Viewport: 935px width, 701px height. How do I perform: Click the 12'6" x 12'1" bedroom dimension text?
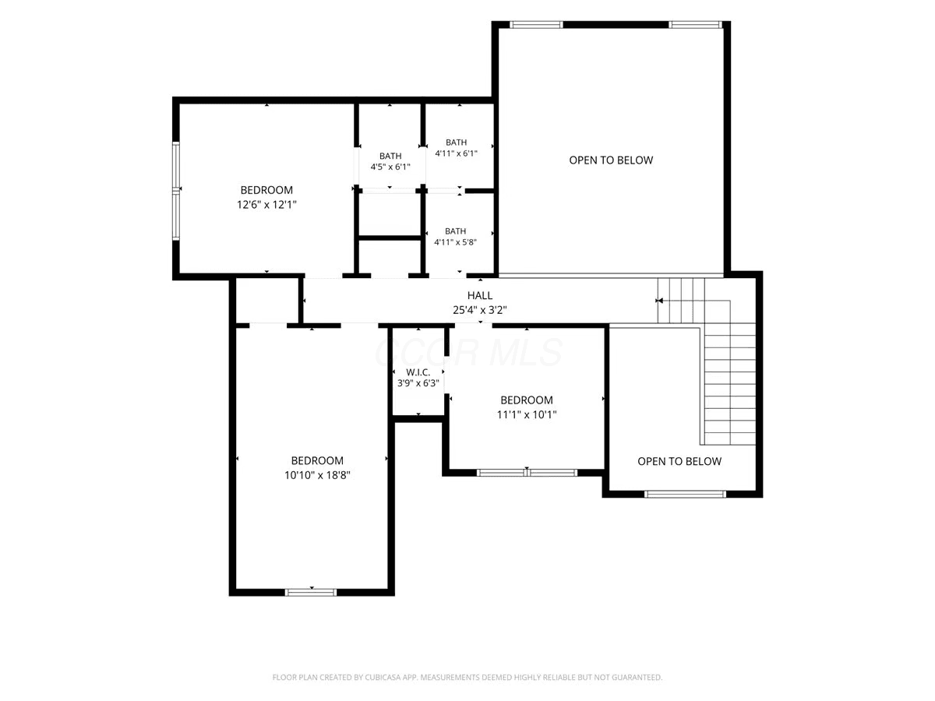tap(266, 205)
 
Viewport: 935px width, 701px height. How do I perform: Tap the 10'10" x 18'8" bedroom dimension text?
tap(317, 475)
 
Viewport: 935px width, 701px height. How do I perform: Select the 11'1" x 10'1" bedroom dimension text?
tap(527, 414)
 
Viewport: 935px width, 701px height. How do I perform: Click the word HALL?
tap(480, 295)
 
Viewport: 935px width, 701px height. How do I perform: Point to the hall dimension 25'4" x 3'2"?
tap(480, 310)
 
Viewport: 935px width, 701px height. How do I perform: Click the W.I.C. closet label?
tap(418, 372)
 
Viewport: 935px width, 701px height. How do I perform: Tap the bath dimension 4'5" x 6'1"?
tap(390, 167)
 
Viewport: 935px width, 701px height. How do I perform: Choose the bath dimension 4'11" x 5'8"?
tap(455, 242)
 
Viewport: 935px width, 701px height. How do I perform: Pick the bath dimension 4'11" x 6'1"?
tap(456, 153)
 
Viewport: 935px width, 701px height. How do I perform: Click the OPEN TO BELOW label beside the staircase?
tap(679, 461)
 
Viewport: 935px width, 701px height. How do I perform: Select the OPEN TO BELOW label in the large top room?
tap(611, 160)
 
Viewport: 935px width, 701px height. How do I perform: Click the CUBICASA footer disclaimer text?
tap(467, 677)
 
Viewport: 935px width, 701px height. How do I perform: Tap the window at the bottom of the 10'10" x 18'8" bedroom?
tap(311, 593)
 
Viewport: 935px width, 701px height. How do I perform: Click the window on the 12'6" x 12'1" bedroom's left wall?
tap(176, 191)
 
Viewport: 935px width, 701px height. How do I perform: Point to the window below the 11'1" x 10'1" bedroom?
tap(527, 473)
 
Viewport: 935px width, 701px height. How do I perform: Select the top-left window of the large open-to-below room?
tap(536, 25)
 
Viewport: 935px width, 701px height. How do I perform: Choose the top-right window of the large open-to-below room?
tap(695, 25)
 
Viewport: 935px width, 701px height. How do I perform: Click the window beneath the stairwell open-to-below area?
tap(685, 494)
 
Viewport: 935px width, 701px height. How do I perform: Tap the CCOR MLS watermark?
tap(468, 352)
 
